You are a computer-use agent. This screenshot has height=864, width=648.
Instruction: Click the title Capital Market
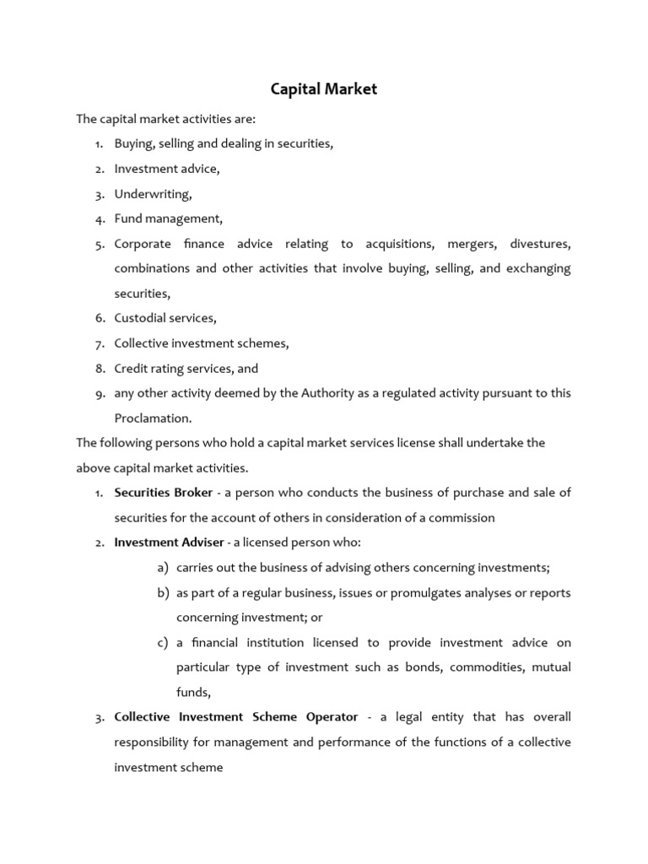(323, 89)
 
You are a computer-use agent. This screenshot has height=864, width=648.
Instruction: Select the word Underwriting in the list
(153, 194)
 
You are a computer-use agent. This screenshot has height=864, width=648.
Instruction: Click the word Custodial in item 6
(140, 318)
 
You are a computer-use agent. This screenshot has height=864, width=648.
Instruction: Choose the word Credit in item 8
(131, 368)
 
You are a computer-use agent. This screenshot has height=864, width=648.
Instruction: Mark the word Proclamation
(153, 418)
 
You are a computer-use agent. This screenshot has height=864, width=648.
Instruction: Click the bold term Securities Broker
(164, 493)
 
